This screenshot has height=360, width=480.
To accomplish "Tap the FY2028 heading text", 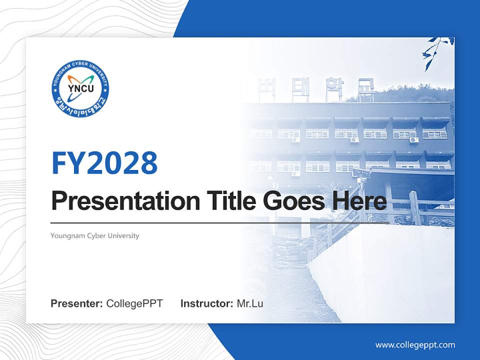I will click(104, 163).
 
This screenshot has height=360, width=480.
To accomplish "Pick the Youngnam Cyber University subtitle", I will click(95, 235).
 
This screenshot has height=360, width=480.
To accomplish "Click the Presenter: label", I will click(77, 303).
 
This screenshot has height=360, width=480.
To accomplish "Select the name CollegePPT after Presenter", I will click(134, 303).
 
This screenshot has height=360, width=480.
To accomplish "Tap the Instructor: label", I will click(207, 303).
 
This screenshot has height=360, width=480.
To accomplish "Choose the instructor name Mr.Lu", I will click(250, 303).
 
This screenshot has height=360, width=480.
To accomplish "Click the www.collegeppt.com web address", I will click(415, 345).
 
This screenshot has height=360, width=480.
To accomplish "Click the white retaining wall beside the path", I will click(380, 275).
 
